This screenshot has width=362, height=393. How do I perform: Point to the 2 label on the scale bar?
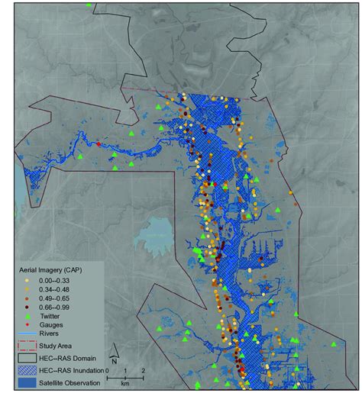pyautogui.click(x=144, y=370)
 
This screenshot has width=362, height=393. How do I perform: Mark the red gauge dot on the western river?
pyautogui.click(x=98, y=143)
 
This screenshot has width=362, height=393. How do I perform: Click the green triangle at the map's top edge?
pyautogui.click(x=90, y=5)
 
